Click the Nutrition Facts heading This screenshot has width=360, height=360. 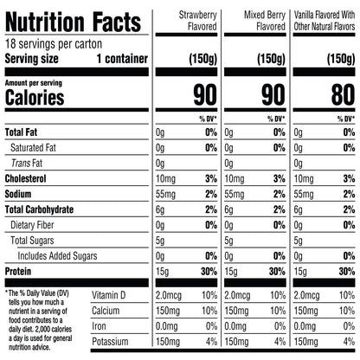[73, 22]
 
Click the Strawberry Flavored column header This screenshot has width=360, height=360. [198, 21]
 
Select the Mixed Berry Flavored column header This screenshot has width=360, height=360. [265, 21]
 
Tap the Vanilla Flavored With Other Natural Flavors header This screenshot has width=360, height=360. [325, 21]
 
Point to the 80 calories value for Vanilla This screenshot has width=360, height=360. [343, 94]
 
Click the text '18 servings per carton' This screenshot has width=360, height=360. [54, 44]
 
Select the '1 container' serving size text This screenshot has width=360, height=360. [122, 59]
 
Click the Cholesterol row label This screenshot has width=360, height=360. [26, 178]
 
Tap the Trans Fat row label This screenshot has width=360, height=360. [27, 164]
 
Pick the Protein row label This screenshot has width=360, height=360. [18, 272]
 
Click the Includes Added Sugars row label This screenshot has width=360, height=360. [57, 256]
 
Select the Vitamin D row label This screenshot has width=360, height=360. [109, 295]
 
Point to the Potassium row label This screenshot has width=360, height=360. [110, 342]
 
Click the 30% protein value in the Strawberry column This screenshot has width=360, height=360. [209, 272]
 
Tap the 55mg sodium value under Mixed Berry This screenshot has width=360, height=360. [235, 194]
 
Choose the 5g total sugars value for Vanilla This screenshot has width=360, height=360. [298, 241]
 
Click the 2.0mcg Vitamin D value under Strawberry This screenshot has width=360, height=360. [169, 295]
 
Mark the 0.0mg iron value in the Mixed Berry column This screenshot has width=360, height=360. [235, 326]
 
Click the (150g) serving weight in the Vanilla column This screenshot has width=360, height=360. [341, 59]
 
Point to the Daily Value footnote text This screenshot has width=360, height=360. [39, 320]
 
